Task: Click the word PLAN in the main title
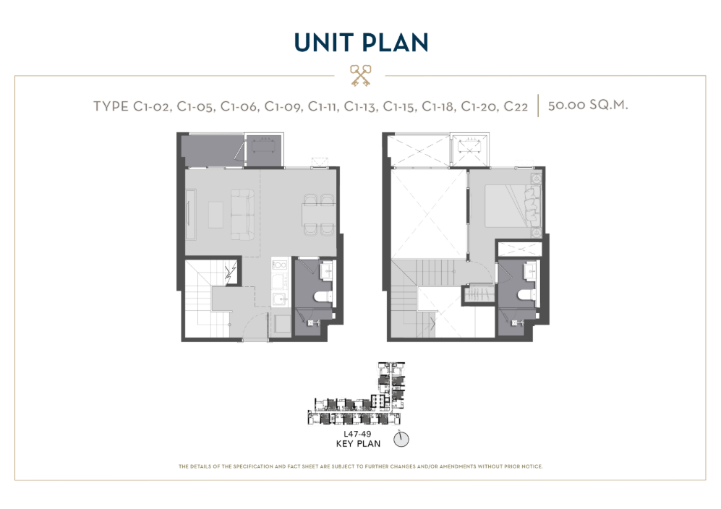pyautogui.click(x=395, y=43)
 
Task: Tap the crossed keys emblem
pyautogui.click(x=360, y=75)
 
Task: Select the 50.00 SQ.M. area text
pyautogui.click(x=588, y=106)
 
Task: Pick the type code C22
pyautogui.click(x=516, y=107)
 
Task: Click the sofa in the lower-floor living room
pyautogui.click(x=242, y=215)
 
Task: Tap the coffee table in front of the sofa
pyautogui.click(x=216, y=215)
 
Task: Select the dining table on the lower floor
pyautogui.click(x=317, y=215)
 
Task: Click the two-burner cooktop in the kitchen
pyautogui.click(x=280, y=265)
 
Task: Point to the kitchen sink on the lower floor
pyautogui.click(x=280, y=299)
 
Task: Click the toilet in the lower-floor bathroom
pyautogui.click(x=324, y=297)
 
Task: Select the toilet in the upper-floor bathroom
pyautogui.click(x=526, y=296)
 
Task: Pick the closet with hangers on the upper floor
pyautogui.click(x=478, y=294)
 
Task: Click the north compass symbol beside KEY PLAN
pyautogui.click(x=401, y=439)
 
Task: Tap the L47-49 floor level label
pyautogui.click(x=357, y=434)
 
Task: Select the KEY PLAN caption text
pyautogui.click(x=358, y=444)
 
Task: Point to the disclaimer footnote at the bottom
pyautogui.click(x=360, y=466)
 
